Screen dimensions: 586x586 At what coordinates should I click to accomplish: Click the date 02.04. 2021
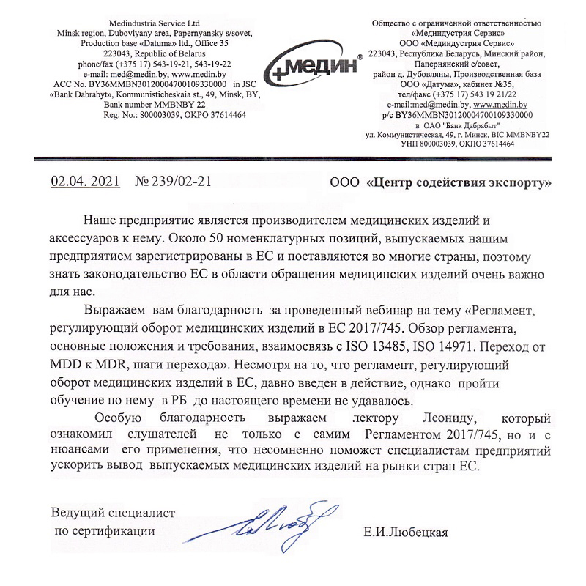83,182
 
